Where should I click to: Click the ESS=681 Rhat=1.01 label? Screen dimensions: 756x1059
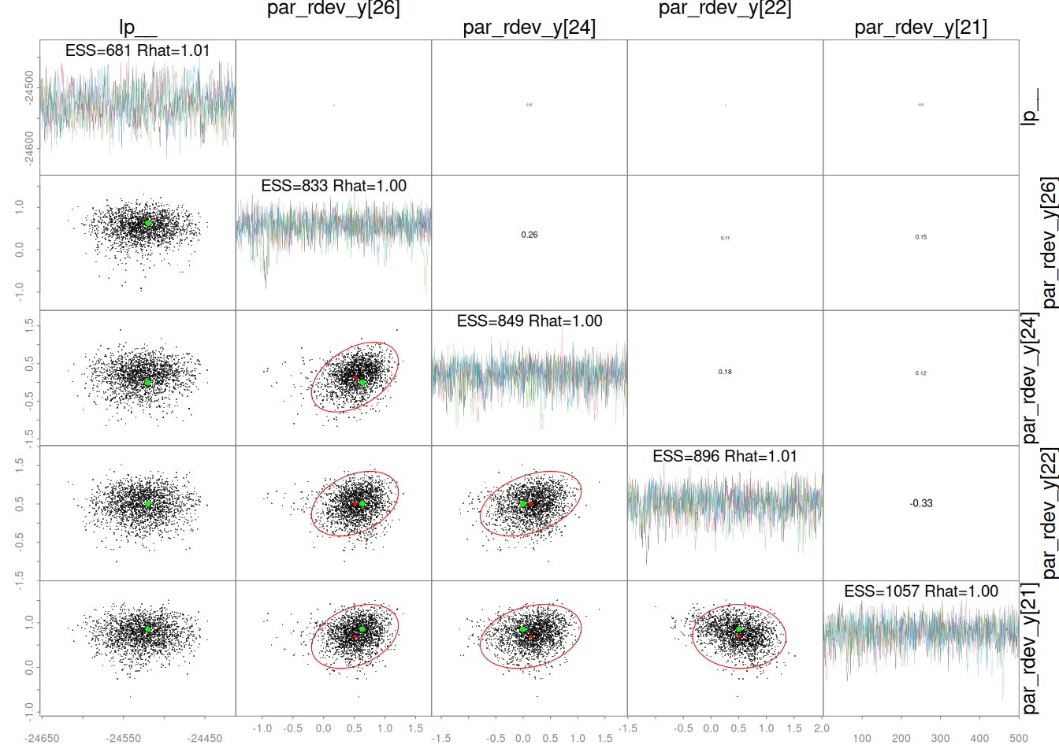pos(137,50)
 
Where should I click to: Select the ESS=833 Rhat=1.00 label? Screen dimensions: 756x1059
pos(333,186)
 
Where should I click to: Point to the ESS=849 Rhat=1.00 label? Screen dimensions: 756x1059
pos(529,321)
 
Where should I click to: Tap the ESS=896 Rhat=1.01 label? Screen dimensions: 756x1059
pos(725,457)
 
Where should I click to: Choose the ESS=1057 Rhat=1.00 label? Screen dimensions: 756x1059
pos(921,591)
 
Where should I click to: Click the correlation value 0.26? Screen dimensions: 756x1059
pos(529,235)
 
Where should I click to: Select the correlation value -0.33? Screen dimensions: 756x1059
pos(921,503)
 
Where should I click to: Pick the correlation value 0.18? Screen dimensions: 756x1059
pos(725,372)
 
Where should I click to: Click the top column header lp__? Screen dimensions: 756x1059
pos(138,28)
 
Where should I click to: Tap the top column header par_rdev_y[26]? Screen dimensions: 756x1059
pos(333,9)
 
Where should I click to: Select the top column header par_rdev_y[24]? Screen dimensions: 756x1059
pos(529,28)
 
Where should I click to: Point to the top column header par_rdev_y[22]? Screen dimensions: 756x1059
pos(725,9)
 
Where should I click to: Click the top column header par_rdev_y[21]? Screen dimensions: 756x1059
pos(921,28)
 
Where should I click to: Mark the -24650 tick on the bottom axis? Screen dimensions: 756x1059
pos(42,739)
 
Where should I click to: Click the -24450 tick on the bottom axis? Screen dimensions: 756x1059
pos(205,739)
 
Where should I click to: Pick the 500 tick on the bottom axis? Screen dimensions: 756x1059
pos(1019,739)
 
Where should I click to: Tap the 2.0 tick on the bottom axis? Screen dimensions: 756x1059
pos(822,728)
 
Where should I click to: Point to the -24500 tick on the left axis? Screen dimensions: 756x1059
pos(29,87)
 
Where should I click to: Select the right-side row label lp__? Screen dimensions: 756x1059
pos(1029,107)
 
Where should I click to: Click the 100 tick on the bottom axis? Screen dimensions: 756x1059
pos(862,739)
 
